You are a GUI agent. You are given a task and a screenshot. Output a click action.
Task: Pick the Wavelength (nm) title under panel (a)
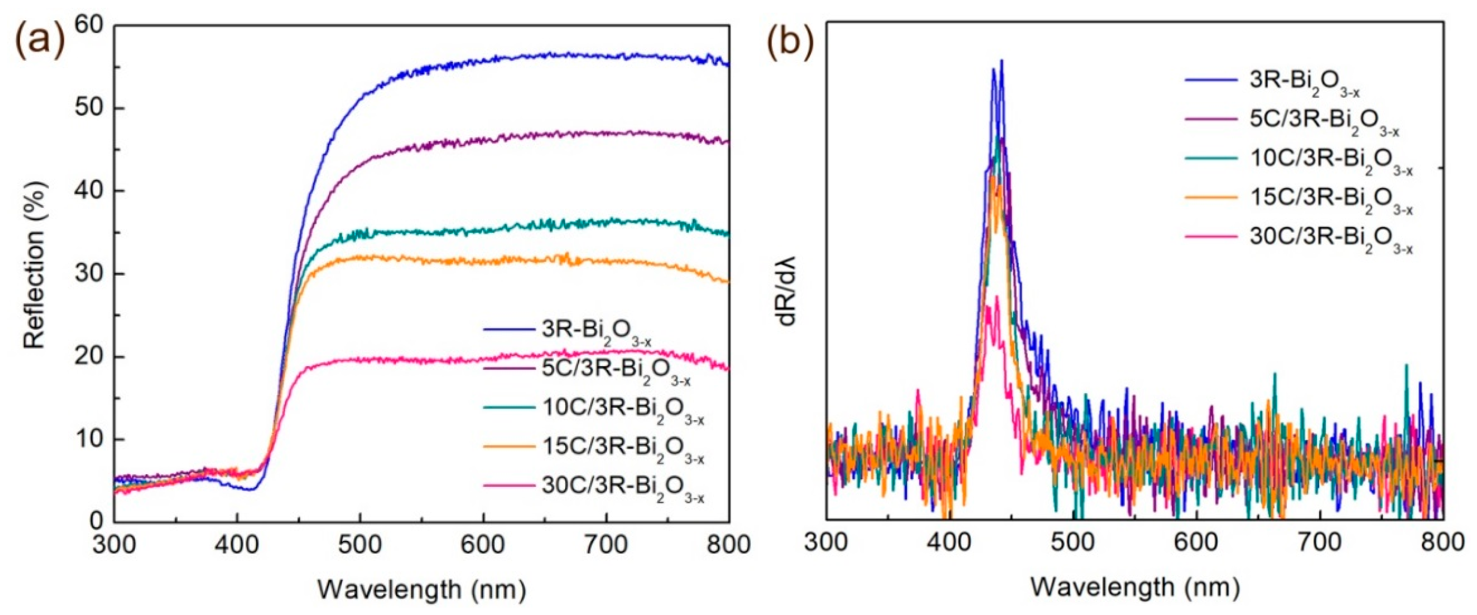422,589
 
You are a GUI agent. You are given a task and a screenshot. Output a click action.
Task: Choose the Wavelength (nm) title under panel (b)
1135,587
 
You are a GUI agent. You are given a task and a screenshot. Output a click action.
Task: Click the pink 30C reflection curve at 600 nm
483,360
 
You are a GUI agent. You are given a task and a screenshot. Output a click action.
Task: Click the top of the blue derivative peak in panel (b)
1001,61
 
